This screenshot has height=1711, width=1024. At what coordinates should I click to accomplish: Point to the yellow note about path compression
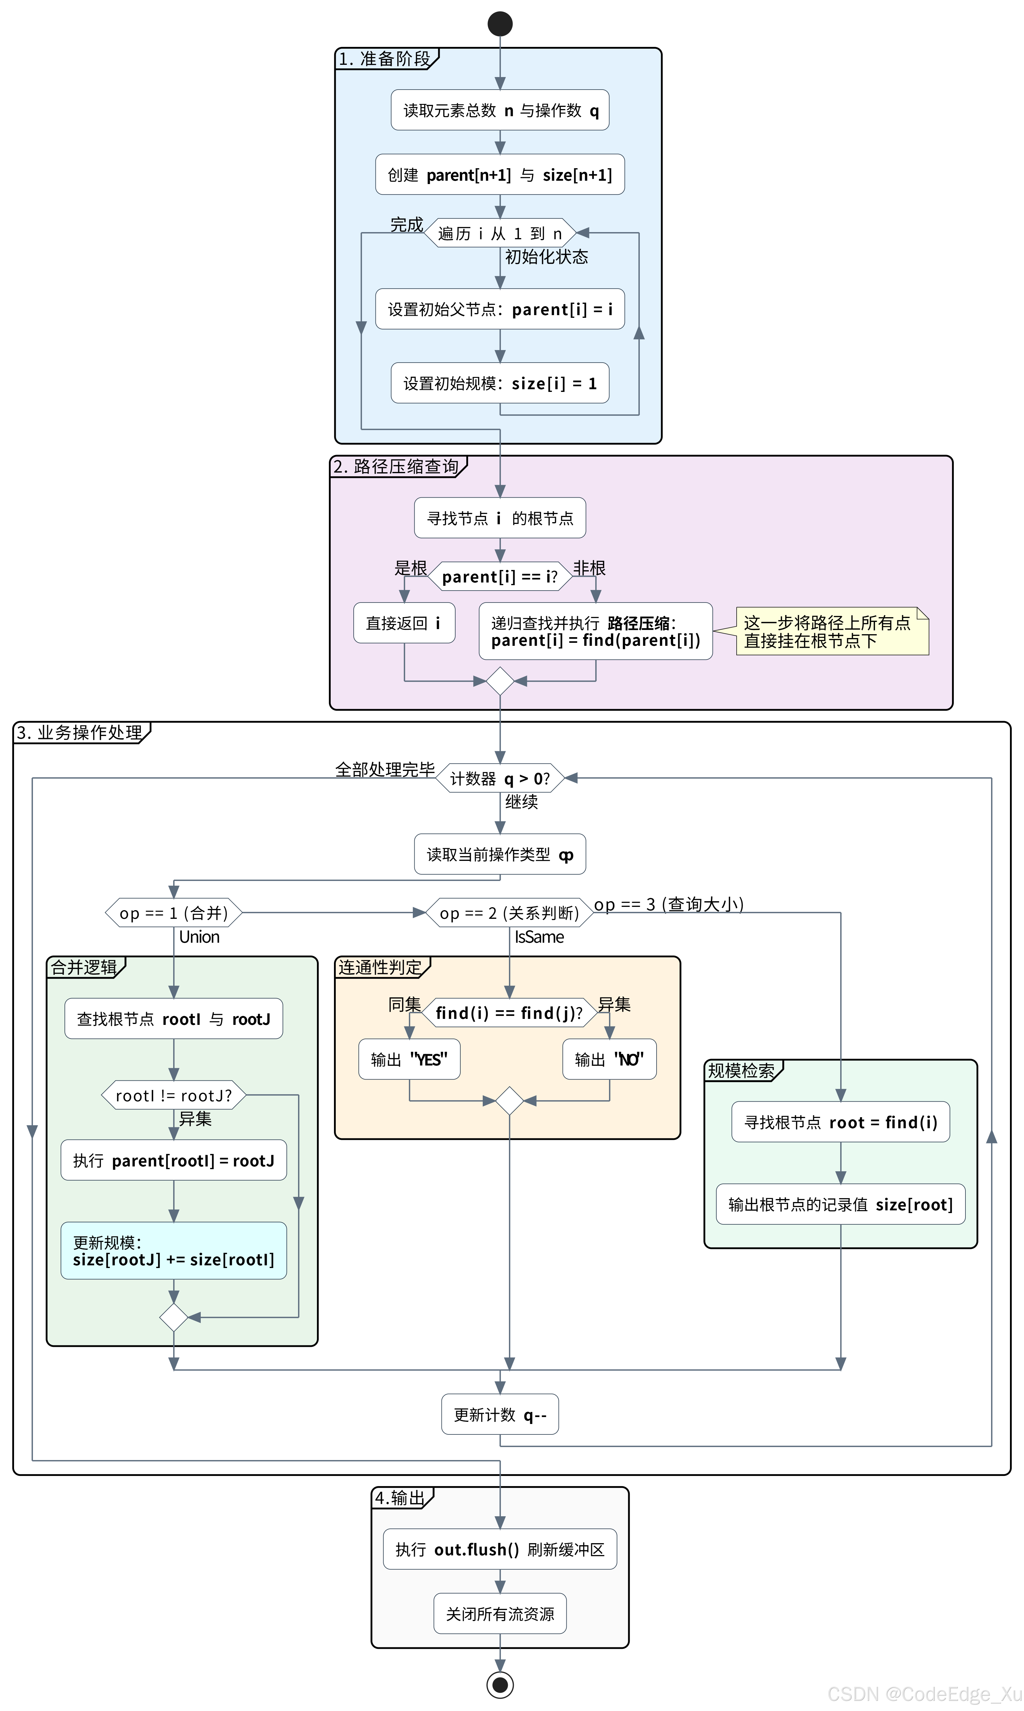point(832,631)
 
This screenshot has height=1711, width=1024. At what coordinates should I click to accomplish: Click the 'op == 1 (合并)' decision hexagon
point(174,913)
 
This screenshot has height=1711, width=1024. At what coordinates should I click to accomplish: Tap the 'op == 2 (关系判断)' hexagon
point(509,913)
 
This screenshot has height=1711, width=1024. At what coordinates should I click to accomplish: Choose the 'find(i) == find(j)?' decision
point(509,1013)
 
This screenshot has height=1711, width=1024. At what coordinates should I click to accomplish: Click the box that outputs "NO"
point(609,1059)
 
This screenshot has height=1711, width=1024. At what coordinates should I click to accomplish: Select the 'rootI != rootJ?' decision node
point(174,1095)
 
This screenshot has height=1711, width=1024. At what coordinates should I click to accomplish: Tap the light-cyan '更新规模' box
point(174,1251)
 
